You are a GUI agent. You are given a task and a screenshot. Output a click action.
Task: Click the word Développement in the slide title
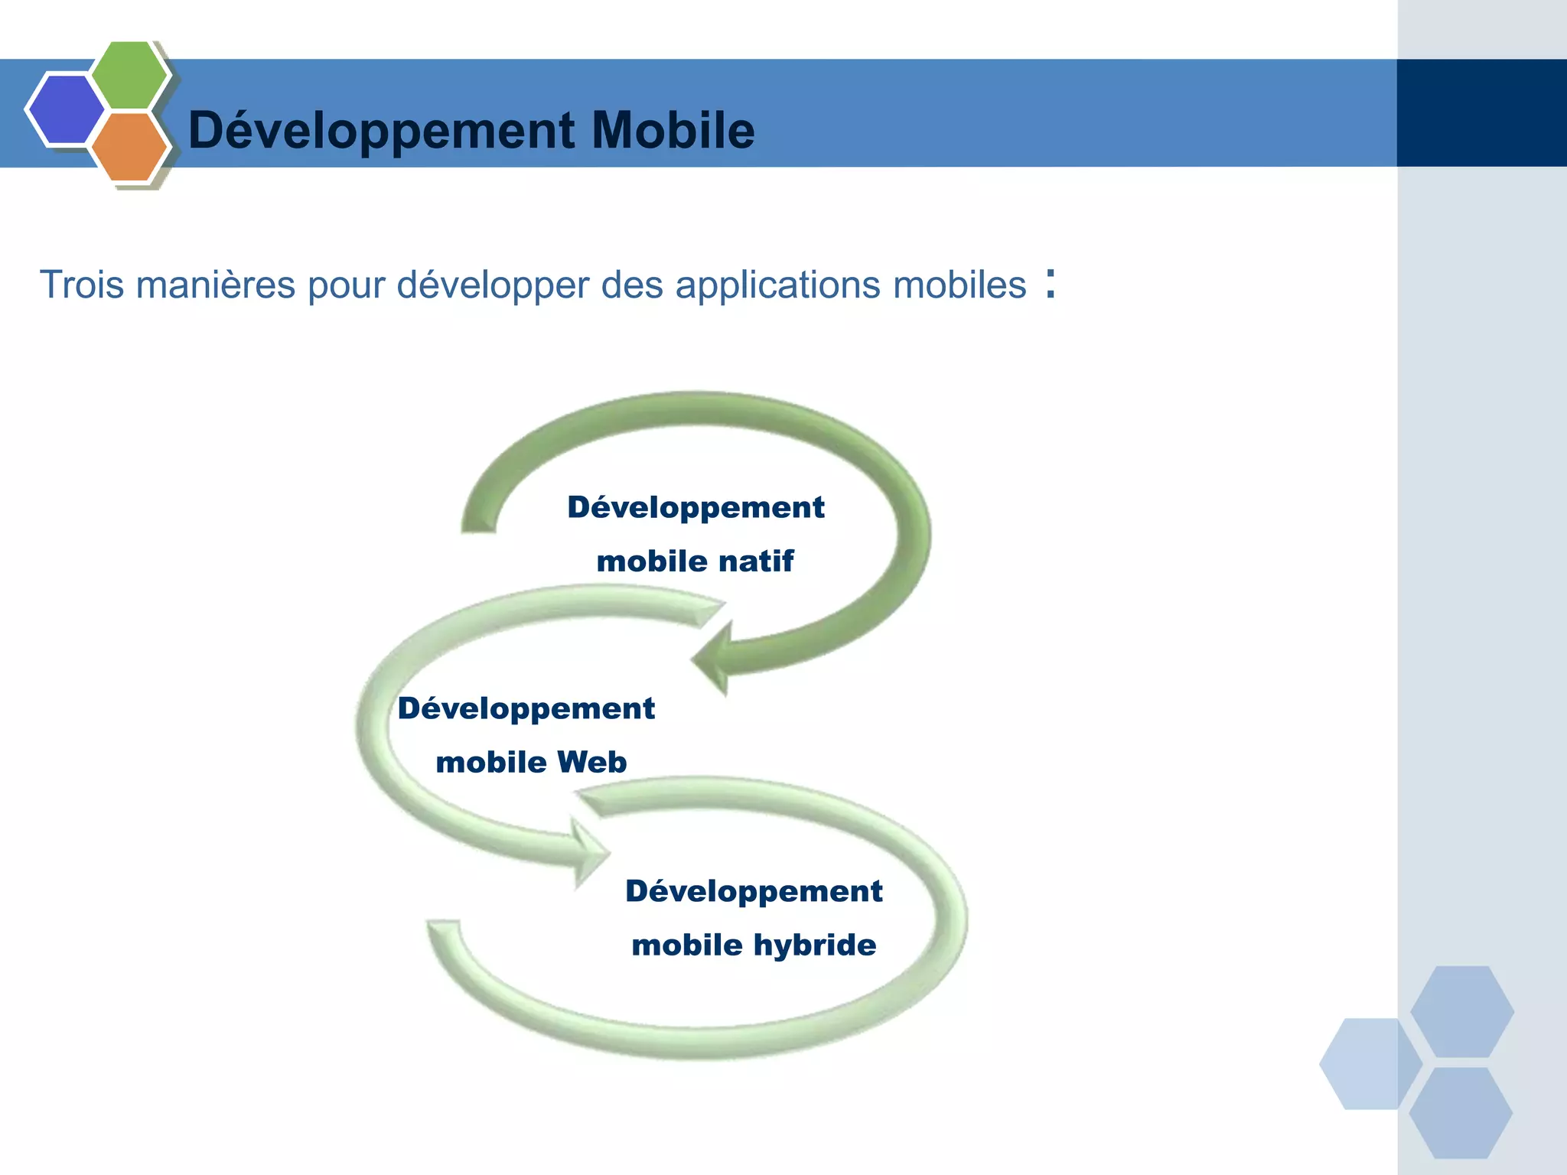[x=381, y=130]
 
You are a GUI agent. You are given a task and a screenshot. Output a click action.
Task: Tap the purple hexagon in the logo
[x=66, y=109]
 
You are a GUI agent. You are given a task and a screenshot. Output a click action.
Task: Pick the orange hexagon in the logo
[x=129, y=146]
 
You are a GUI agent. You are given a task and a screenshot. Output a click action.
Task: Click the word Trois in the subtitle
[x=81, y=285]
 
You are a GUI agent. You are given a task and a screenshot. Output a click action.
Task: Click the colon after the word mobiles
[x=1051, y=284]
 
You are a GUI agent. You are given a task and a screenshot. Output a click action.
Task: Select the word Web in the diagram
[x=591, y=763]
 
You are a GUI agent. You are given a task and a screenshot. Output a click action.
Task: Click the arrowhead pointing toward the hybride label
[x=589, y=852]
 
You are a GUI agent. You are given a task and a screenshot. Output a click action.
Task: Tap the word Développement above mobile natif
[x=696, y=508]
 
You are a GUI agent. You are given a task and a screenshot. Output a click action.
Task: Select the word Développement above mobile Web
[x=526, y=709]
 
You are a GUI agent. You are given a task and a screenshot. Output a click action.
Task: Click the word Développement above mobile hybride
[x=754, y=892]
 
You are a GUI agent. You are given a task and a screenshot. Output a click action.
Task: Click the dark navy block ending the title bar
[x=1481, y=113]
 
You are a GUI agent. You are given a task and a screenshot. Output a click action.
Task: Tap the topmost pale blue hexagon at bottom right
[x=1461, y=1011]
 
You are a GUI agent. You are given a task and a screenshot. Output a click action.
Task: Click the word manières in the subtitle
[x=216, y=285]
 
